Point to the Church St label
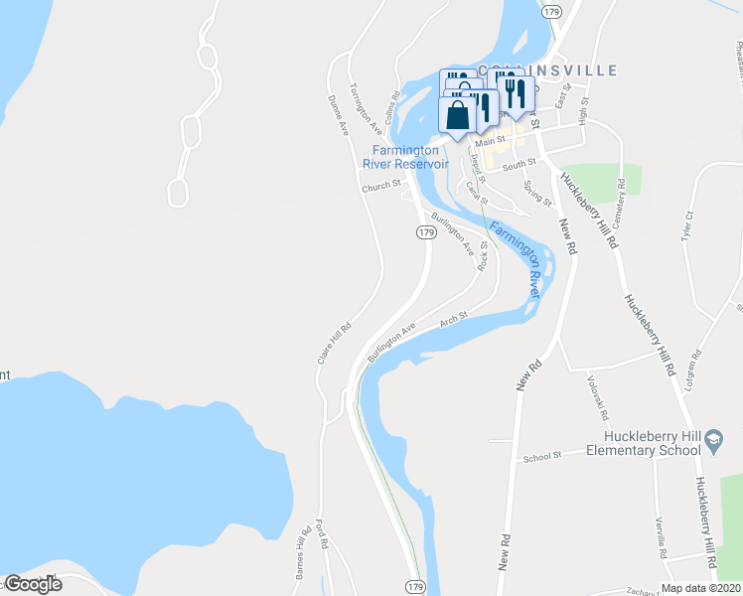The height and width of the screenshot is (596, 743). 380,185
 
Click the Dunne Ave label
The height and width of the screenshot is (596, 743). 339,114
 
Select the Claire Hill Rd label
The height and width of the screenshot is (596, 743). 335,342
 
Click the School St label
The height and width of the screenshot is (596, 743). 543,456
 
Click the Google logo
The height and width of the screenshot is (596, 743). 33,584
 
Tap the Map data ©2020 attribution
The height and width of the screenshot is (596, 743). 700,588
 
